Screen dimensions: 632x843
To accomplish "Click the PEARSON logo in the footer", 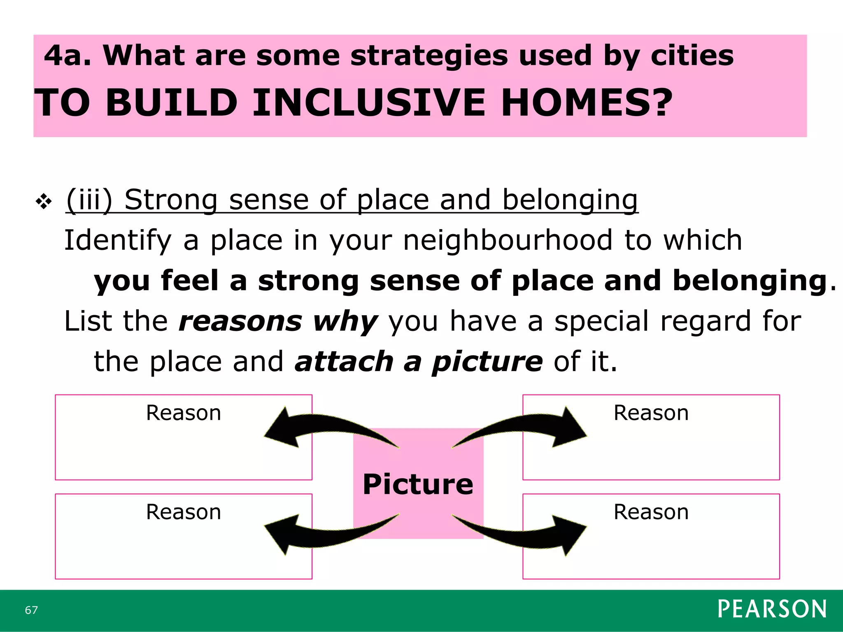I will [772, 609].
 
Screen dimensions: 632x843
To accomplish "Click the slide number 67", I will [31, 610].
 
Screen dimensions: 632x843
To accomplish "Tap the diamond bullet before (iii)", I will [44, 202].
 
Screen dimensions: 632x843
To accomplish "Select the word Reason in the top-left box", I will [184, 413].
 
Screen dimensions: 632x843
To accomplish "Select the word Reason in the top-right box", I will [651, 413].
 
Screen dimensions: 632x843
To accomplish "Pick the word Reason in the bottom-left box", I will [184, 512].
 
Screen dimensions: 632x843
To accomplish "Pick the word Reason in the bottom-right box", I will [651, 512].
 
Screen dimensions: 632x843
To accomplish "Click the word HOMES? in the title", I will [586, 103].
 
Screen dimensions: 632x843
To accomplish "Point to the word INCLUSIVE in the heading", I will [369, 103].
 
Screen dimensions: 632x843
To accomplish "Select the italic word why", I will [345, 321].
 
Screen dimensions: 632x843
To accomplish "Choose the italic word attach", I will [344, 362].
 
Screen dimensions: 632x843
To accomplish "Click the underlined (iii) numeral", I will [89, 200].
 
